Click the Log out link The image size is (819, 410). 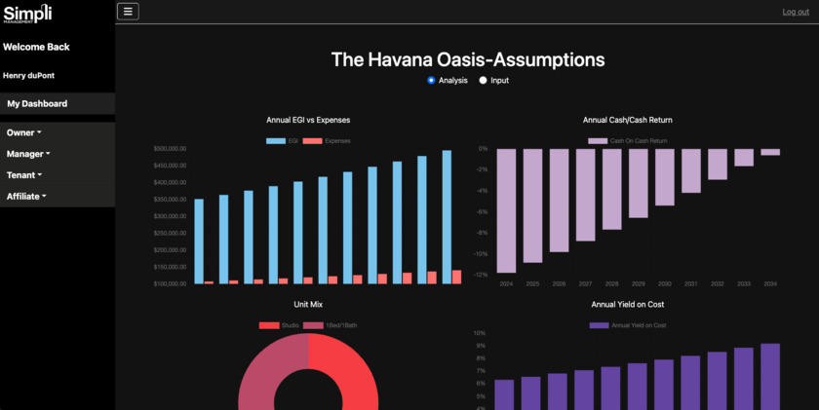pyautogui.click(x=796, y=12)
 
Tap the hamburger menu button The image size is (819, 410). pyautogui.click(x=128, y=12)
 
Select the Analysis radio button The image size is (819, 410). pyautogui.click(x=431, y=80)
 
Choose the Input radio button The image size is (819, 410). pyautogui.click(x=483, y=80)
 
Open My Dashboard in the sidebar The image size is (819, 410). pyautogui.click(x=37, y=103)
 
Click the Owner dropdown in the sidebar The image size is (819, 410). pyautogui.click(x=23, y=131)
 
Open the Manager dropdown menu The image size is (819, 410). pyautogui.click(x=28, y=153)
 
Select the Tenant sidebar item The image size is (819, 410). pyautogui.click(x=24, y=174)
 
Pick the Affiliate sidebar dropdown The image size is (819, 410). pyautogui.click(x=26, y=196)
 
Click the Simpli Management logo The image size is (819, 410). pyautogui.click(x=27, y=14)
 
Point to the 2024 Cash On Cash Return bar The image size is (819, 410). pyautogui.click(x=506, y=210)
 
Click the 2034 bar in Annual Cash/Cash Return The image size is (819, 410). pyautogui.click(x=770, y=152)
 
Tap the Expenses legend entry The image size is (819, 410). pyautogui.click(x=327, y=141)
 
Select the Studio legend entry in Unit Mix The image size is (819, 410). pyautogui.click(x=279, y=324)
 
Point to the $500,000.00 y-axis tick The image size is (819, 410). pyautogui.click(x=170, y=149)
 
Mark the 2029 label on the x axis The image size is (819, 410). pyautogui.click(x=638, y=284)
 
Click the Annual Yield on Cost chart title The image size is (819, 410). pyautogui.click(x=628, y=305)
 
